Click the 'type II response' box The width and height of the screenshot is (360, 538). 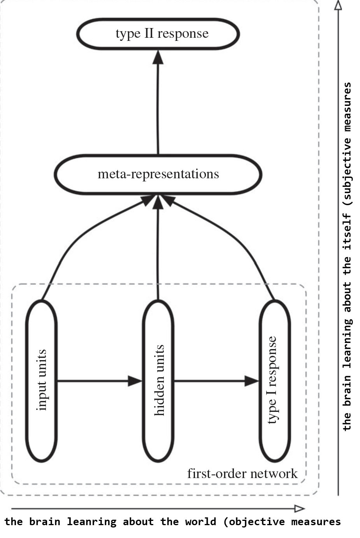point(158,34)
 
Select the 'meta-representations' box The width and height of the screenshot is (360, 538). point(158,174)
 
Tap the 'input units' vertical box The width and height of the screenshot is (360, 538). point(42,380)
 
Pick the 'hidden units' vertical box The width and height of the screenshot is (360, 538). point(158,380)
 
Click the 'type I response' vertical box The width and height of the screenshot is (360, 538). point(274,380)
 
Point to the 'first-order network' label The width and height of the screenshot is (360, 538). point(242,474)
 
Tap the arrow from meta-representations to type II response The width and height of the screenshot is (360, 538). point(158,105)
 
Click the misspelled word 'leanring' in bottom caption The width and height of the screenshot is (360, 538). point(91,522)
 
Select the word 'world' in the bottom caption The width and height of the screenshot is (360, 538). point(200,522)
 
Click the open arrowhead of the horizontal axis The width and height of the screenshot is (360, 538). point(300,508)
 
